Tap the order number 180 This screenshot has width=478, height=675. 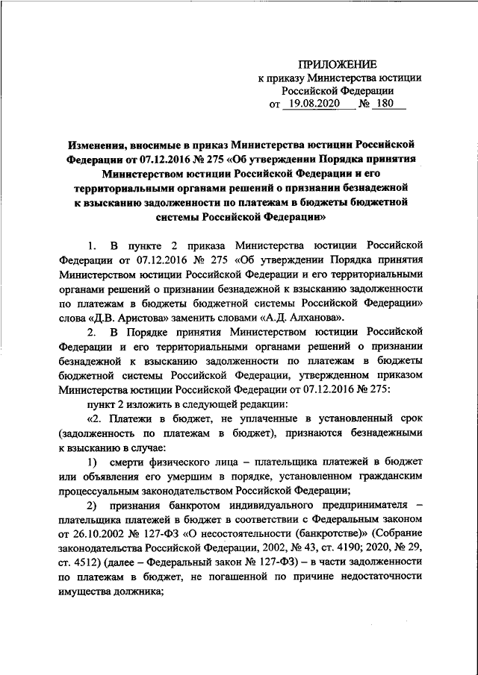coord(388,106)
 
